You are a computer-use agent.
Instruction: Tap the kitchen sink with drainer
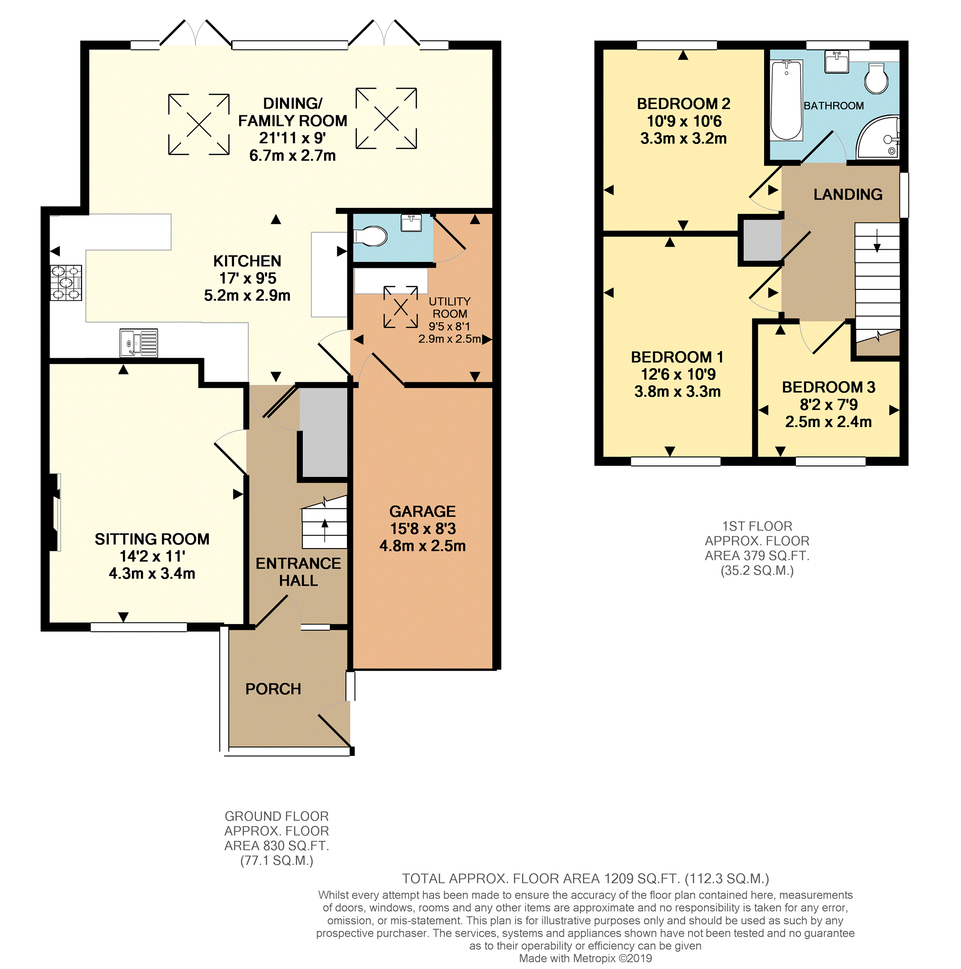pos(139,343)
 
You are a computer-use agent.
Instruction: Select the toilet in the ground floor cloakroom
pos(371,236)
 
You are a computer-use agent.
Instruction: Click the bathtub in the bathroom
pos(786,100)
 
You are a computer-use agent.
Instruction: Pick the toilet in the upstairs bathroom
pos(876,79)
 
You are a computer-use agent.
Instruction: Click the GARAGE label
pos(422,512)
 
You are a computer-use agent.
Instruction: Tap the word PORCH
pos(273,689)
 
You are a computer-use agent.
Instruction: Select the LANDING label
pos(848,195)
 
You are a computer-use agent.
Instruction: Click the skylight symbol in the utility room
pos(400,307)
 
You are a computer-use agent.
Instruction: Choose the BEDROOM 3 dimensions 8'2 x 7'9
pos(829,404)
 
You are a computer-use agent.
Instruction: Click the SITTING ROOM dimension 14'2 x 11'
pos(152,556)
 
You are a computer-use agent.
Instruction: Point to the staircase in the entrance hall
pos(324,524)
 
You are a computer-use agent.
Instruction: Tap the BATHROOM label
pos(834,106)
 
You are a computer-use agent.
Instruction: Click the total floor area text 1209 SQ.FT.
pos(585,879)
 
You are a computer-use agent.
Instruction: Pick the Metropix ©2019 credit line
pos(585,959)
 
